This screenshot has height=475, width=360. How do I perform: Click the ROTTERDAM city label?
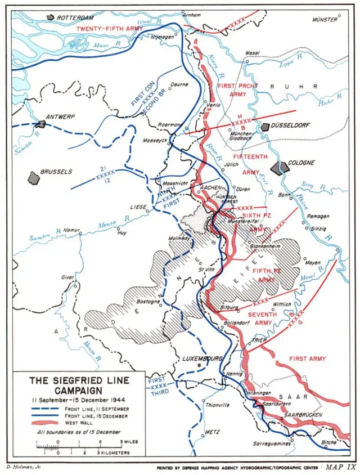(x=75, y=17)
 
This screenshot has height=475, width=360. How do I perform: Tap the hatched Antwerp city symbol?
(x=42, y=124)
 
